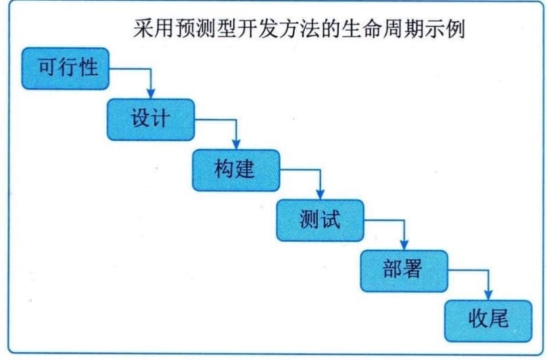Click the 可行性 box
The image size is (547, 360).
tap(65, 68)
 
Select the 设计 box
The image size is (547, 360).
tap(151, 119)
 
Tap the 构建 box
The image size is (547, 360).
tap(236, 170)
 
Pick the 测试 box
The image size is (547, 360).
tap(320, 221)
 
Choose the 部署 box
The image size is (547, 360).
tap(404, 271)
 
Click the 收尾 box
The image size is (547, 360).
tap(488, 321)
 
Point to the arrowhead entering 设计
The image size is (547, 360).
tap(151, 94)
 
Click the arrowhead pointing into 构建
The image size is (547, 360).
tap(236, 145)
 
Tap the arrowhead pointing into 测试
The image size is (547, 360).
tap(320, 195)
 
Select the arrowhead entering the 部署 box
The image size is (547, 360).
tap(404, 246)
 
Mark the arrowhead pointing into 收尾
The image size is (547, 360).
tap(488, 296)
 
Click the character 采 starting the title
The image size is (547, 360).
tap(143, 28)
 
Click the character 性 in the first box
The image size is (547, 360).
tap(88, 67)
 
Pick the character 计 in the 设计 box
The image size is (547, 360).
tap(161, 118)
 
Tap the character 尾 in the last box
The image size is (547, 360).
tap(499, 319)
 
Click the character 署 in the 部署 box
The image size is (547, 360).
tap(413, 269)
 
